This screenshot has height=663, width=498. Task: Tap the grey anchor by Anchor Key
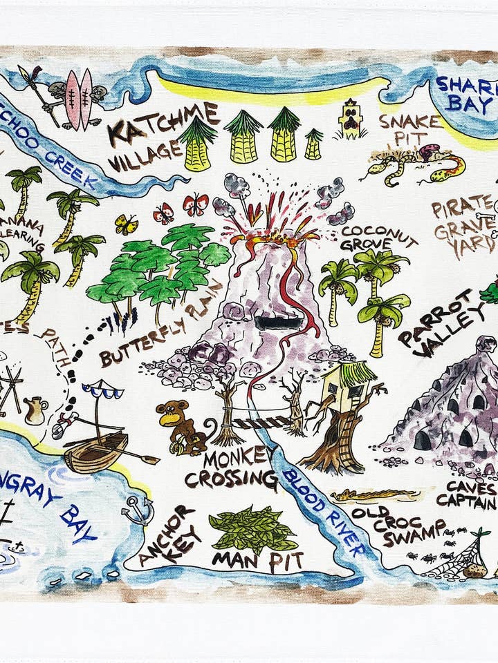(x=136, y=510)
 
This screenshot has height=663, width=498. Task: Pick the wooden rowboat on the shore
(x=97, y=452)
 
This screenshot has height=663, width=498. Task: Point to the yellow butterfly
(x=126, y=224)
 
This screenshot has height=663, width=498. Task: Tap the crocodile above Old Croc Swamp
(x=373, y=494)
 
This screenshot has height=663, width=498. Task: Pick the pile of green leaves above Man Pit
(x=252, y=528)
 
